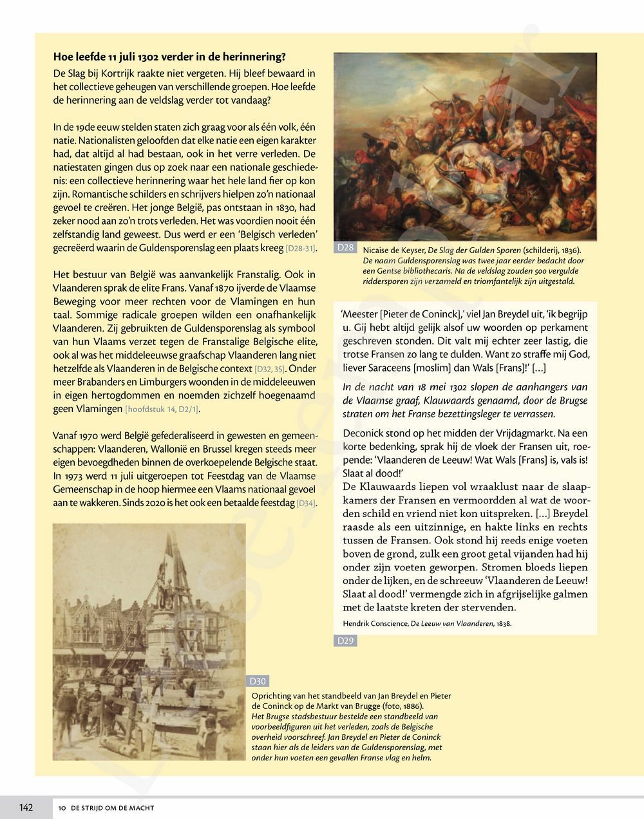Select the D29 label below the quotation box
pos(346,641)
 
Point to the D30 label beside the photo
pos(258,681)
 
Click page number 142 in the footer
pos(26,807)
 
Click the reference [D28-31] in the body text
pos(300,249)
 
